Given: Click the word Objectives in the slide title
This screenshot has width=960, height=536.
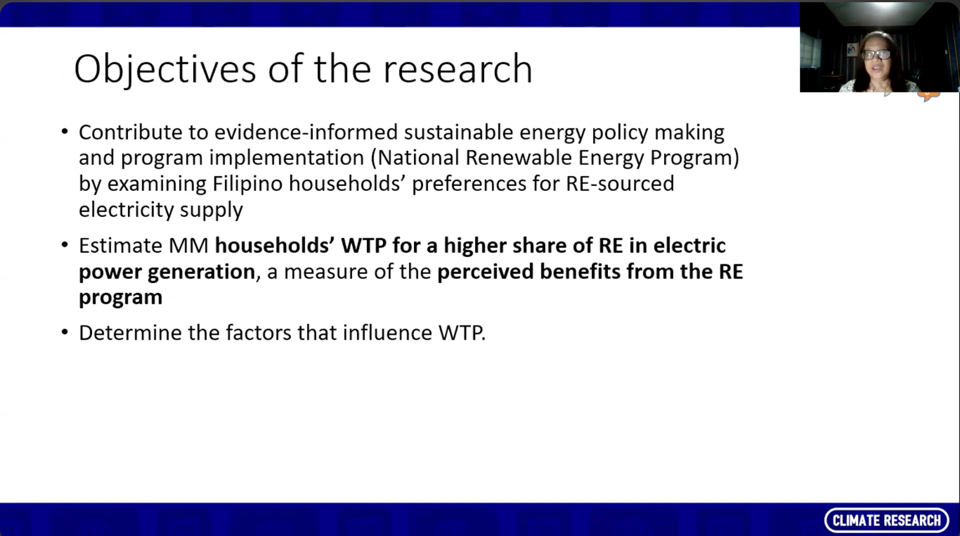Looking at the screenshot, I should pos(165,70).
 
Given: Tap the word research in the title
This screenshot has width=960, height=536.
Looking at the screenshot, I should pos(457,70).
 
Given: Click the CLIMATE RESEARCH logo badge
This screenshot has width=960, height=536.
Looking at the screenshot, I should pos(886,520).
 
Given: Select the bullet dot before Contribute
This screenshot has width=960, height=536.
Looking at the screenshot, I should pos(65,132).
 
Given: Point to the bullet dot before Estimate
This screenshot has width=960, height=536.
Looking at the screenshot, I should pos(65,245).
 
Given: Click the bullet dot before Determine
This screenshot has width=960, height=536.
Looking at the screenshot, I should pos(65,332).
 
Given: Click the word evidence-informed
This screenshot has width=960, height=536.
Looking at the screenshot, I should pos(306,133).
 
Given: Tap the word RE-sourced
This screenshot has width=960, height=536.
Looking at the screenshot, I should pos(620,184).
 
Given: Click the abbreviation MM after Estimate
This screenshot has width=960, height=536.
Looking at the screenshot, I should pos(188,246).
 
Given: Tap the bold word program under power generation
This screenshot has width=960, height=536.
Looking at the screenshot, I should pos(120,297).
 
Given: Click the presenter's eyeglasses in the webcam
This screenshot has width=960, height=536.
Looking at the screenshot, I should pos(876,54).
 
